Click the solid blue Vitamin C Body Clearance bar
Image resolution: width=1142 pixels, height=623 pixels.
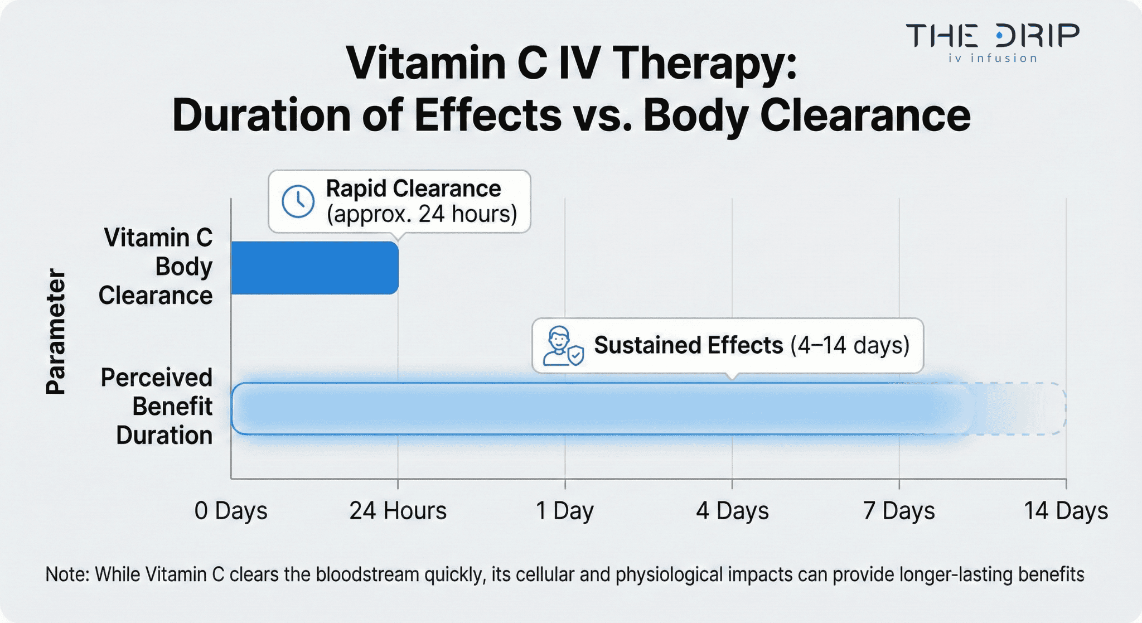click(314, 268)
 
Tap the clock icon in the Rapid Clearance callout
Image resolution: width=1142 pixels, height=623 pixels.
click(298, 201)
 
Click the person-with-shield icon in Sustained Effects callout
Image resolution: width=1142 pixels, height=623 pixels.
click(563, 346)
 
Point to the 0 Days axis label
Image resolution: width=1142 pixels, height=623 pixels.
click(231, 511)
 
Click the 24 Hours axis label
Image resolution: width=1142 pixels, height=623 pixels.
click(398, 511)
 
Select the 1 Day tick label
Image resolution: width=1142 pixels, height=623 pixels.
click(564, 511)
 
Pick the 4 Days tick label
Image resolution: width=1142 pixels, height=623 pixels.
click(732, 511)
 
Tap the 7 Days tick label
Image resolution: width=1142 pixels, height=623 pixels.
click(899, 511)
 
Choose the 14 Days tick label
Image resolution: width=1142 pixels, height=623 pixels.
click(1066, 511)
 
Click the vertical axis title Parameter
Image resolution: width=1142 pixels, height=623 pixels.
click(56, 332)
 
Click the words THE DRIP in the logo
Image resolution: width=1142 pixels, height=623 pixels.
click(993, 36)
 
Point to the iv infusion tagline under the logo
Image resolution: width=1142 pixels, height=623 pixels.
click(993, 58)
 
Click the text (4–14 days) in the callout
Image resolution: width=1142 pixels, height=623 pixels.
click(850, 345)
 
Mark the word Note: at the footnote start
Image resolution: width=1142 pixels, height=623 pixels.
click(67, 574)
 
